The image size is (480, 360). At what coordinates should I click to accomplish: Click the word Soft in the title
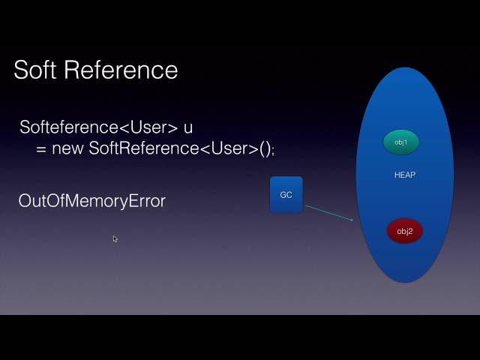point(35,70)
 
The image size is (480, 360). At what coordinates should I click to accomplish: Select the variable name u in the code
point(188,127)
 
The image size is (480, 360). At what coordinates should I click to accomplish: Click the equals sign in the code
point(41,148)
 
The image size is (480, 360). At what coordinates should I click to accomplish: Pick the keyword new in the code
point(68,148)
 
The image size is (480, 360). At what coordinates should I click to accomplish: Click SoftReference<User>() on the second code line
point(180,148)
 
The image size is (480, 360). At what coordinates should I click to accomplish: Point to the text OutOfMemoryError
point(91,201)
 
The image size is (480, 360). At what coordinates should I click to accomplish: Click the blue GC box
point(286,194)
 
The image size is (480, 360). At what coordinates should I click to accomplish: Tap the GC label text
point(286,195)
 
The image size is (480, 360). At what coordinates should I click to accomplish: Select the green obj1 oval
point(401,142)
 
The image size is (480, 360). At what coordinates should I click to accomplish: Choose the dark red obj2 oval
point(405,231)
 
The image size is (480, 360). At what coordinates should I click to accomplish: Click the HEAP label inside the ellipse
point(405,175)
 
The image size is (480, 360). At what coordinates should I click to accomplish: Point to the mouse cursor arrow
point(115,238)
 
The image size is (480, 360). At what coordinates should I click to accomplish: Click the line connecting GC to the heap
point(327,212)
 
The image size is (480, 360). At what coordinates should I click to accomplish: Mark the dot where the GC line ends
point(351,220)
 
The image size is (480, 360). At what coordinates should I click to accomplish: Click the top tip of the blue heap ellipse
point(405,69)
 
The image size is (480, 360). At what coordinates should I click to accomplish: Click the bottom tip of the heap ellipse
point(405,281)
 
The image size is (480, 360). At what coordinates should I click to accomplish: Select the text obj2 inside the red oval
point(405,231)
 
